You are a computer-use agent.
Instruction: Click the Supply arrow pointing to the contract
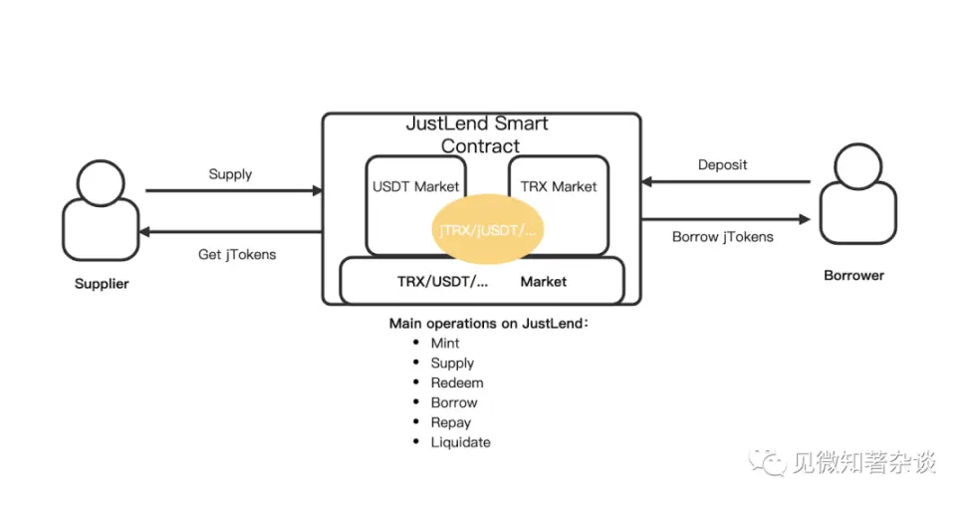coord(234,191)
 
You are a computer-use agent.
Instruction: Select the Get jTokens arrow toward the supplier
coord(231,232)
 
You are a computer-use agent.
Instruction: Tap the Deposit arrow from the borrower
coord(726,181)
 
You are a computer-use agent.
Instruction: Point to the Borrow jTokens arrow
coord(726,219)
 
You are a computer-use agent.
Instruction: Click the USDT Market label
coord(415,186)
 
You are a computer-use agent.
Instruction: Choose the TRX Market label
coord(558,186)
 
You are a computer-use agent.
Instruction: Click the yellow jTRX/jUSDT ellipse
coord(487,230)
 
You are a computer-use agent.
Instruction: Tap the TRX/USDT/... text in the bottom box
coord(442,282)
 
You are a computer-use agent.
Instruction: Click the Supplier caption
coord(102,283)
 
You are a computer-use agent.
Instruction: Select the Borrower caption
coord(853,275)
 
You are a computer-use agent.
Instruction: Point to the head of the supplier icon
coord(101,183)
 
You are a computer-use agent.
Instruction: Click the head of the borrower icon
coord(857,166)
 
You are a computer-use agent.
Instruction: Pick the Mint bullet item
coord(444,344)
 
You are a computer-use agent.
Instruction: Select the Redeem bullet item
coord(457,382)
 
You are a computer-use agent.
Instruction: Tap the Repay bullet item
coord(451,423)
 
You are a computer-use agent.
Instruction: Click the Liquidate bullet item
coord(460,442)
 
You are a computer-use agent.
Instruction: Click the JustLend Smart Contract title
coord(477,134)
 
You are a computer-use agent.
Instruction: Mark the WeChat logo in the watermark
coord(767,462)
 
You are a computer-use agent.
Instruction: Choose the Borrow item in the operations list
coord(454,402)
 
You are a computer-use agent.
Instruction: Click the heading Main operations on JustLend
coord(488,324)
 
